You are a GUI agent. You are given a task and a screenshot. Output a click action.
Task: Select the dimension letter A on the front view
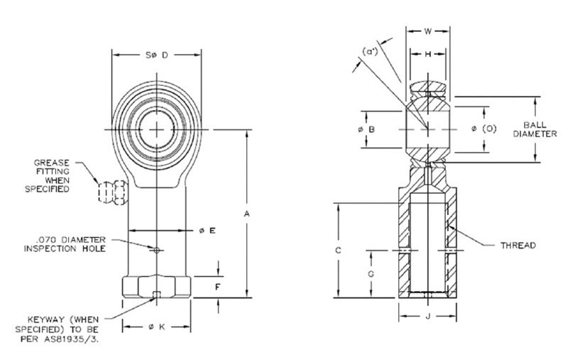pyautogui.click(x=246, y=212)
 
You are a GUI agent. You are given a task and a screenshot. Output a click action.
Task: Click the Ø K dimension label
pyautogui.click(x=157, y=327)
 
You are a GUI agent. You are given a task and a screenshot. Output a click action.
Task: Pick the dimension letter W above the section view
pyautogui.click(x=427, y=31)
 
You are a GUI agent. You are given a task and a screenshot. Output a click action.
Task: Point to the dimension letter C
pyautogui.click(x=339, y=250)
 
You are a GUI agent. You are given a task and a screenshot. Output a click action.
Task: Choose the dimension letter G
pyautogui.click(x=371, y=273)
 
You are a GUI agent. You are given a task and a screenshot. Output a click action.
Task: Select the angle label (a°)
pyautogui.click(x=371, y=52)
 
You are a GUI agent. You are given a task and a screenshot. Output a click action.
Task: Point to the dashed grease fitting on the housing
pyautogui.click(x=111, y=191)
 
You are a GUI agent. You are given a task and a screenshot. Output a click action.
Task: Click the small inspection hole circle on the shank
pyautogui.click(x=157, y=249)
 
